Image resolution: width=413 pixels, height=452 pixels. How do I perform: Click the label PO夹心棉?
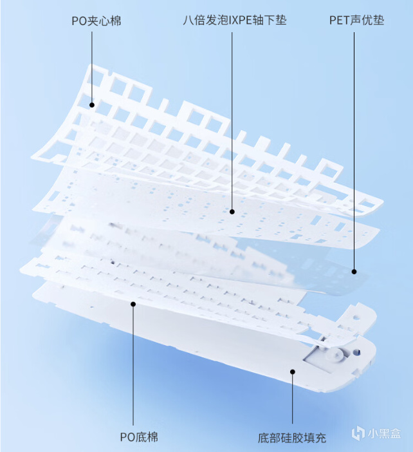pyautogui.click(x=96, y=21)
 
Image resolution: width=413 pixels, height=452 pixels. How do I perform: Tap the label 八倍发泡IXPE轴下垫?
pyautogui.click(x=235, y=20)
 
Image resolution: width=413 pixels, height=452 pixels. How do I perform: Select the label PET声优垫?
pyautogui.click(x=356, y=20)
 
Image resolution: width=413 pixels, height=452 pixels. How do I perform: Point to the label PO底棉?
pyautogui.click(x=139, y=437)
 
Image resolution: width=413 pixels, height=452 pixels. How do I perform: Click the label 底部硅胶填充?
pyautogui.click(x=292, y=438)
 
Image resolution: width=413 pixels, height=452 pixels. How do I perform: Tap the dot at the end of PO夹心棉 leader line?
pyautogui.click(x=92, y=105)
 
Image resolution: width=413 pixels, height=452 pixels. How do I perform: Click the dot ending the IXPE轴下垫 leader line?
pyautogui.click(x=232, y=212)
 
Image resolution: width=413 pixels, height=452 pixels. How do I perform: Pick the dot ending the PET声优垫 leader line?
pyautogui.click(x=354, y=272)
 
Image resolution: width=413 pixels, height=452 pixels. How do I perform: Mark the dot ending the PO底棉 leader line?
pyautogui.click(x=133, y=304)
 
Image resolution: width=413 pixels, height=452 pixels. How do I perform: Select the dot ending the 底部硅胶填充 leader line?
pyautogui.click(x=293, y=372)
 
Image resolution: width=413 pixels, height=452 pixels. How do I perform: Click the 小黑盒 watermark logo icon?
pyautogui.click(x=358, y=433)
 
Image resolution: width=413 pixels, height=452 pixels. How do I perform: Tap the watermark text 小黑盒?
pyautogui.click(x=384, y=433)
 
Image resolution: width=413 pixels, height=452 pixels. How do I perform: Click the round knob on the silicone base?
pyautogui.click(x=336, y=354)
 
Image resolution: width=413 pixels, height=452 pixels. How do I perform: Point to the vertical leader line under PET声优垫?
pyautogui.click(x=354, y=151)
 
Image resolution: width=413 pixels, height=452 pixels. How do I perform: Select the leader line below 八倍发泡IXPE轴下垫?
pyautogui.click(x=232, y=121)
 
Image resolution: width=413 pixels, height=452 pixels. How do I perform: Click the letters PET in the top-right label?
pyautogui.click(x=339, y=21)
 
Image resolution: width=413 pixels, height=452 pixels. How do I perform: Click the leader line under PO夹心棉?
pyautogui.click(x=92, y=67)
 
